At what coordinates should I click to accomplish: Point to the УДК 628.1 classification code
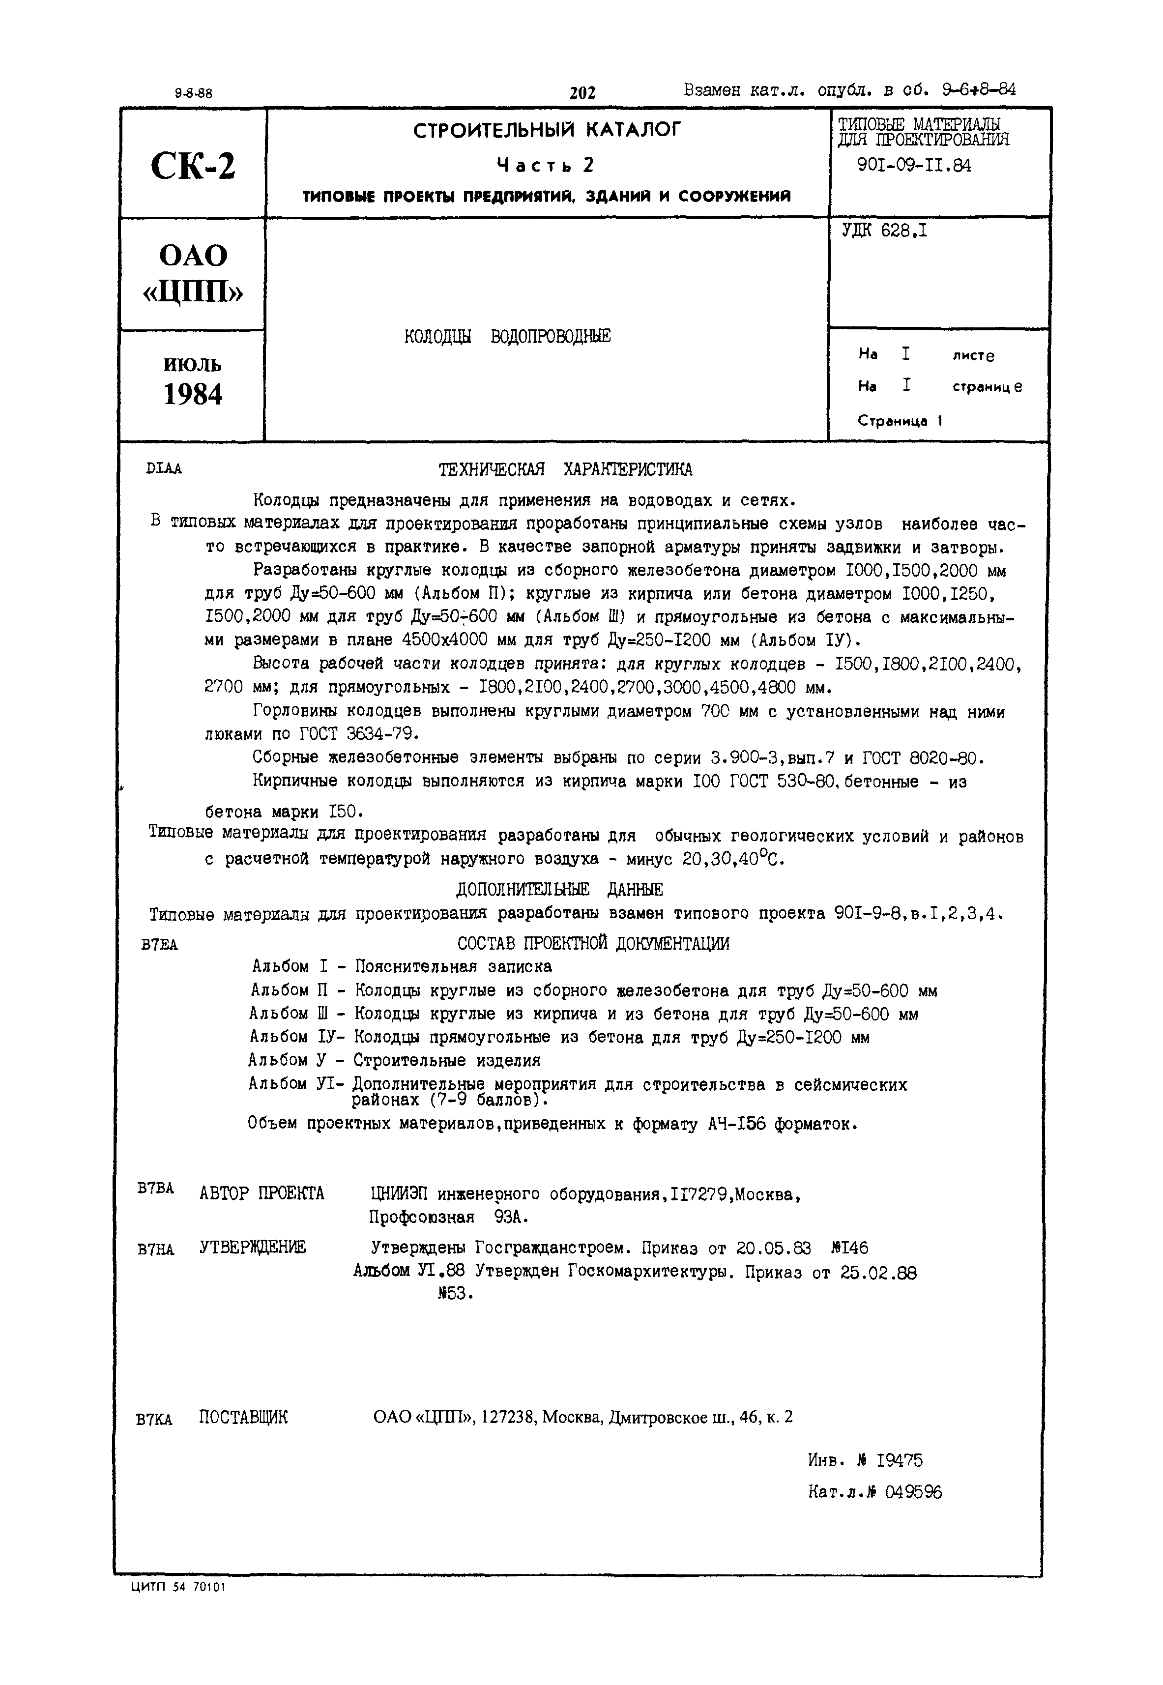885,231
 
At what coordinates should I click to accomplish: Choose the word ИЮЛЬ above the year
193,364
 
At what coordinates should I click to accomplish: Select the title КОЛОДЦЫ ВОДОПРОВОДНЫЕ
507,337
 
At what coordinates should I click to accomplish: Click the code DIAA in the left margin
164,469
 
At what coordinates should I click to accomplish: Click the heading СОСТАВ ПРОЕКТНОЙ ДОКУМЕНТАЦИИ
593,943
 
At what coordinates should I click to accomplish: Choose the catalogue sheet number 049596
913,1492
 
